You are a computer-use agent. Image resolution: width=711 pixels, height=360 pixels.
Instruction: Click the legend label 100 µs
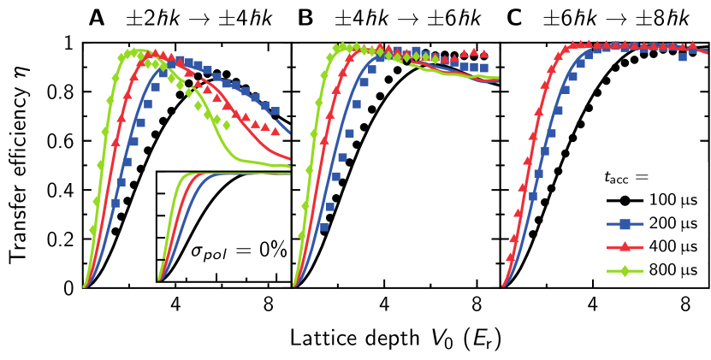click(x=672, y=200)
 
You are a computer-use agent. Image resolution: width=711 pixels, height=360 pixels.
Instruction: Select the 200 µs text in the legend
click(x=672, y=223)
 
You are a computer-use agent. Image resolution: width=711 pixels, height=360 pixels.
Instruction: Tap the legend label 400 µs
click(x=672, y=247)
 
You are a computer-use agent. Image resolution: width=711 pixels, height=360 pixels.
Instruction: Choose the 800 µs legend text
click(x=672, y=270)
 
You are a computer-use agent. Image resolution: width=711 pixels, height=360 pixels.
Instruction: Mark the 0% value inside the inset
click(x=272, y=249)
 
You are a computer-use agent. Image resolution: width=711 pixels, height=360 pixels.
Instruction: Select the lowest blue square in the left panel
click(x=116, y=203)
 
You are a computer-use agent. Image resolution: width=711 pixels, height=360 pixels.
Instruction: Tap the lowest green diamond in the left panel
click(x=93, y=230)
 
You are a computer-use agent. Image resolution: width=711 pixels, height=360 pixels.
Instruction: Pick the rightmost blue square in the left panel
click(x=275, y=110)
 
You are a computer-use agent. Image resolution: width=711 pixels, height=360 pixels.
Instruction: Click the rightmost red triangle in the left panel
click(x=276, y=132)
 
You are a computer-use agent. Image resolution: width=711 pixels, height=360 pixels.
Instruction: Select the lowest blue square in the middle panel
click(x=323, y=227)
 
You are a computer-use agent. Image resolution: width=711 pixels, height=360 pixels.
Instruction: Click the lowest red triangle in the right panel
click(x=511, y=256)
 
